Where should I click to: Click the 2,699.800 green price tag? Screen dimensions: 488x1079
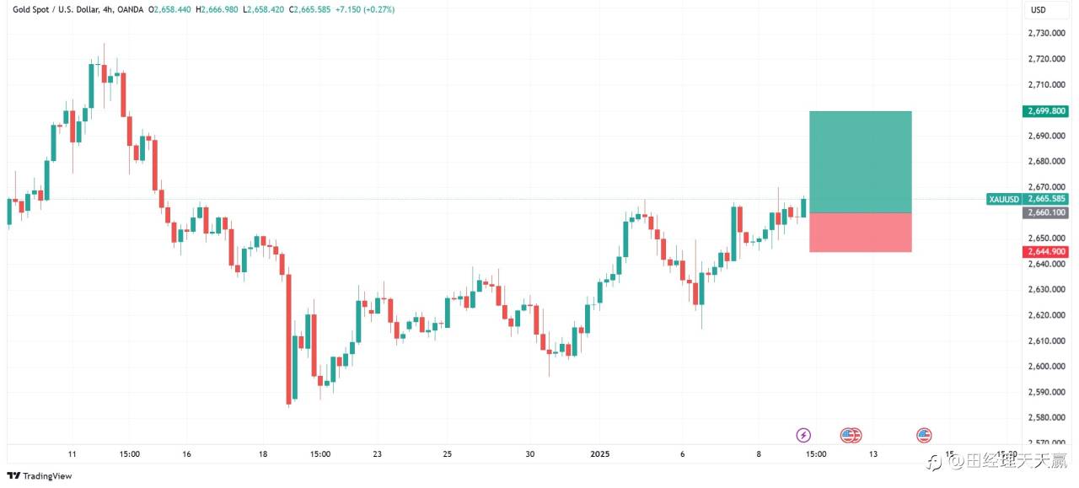[x=1046, y=110]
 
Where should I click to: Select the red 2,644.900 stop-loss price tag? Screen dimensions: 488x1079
[x=1046, y=251]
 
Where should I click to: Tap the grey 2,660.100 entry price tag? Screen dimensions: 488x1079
[x=1046, y=212]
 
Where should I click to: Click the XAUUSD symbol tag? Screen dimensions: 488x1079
[x=1004, y=199]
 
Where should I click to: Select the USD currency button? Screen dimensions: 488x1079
[x=1038, y=10]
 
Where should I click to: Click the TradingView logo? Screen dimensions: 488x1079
[x=40, y=475]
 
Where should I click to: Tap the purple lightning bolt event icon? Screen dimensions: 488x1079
[x=803, y=435]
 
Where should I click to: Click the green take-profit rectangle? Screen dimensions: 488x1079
[x=860, y=162]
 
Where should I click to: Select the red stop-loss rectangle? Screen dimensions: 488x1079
[x=860, y=232]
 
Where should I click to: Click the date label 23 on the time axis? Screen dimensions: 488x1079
[x=378, y=453]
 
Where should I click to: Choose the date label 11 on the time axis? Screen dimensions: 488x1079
[x=72, y=453]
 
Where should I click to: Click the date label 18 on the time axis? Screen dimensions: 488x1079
[x=263, y=453]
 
